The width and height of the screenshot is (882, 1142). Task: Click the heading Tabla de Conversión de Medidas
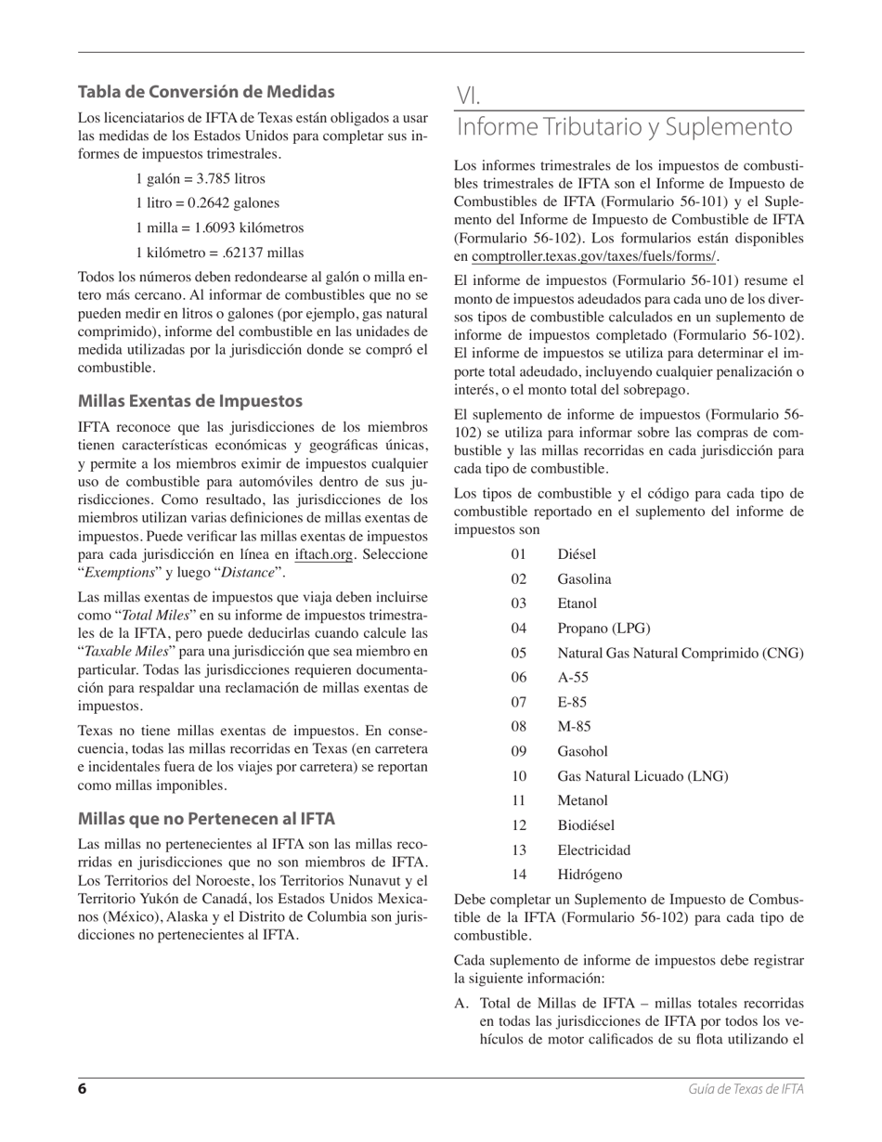click(x=206, y=92)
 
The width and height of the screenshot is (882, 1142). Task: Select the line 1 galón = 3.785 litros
click(x=200, y=178)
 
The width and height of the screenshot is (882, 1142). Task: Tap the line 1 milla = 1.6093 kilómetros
click(x=219, y=227)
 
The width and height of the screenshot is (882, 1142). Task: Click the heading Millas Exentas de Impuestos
click(x=190, y=401)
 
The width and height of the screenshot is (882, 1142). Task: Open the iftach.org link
click(x=323, y=555)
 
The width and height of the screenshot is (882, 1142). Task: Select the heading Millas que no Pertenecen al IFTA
click(x=206, y=819)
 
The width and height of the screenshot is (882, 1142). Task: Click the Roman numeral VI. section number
click(x=468, y=96)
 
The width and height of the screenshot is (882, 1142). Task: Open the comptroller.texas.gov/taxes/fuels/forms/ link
click(x=594, y=257)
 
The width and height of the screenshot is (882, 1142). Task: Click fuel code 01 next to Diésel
click(x=518, y=555)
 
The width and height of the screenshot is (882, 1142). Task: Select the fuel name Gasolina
click(x=584, y=579)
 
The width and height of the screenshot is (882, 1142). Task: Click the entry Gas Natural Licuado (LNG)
click(x=642, y=776)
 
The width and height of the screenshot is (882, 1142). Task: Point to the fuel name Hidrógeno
click(x=590, y=875)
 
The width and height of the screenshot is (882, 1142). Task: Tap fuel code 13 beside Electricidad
click(x=518, y=850)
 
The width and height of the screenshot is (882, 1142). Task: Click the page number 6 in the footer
click(x=83, y=1089)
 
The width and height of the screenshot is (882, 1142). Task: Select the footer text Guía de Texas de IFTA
click(x=746, y=1090)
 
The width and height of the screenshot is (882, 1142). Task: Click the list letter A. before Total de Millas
click(x=462, y=1004)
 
